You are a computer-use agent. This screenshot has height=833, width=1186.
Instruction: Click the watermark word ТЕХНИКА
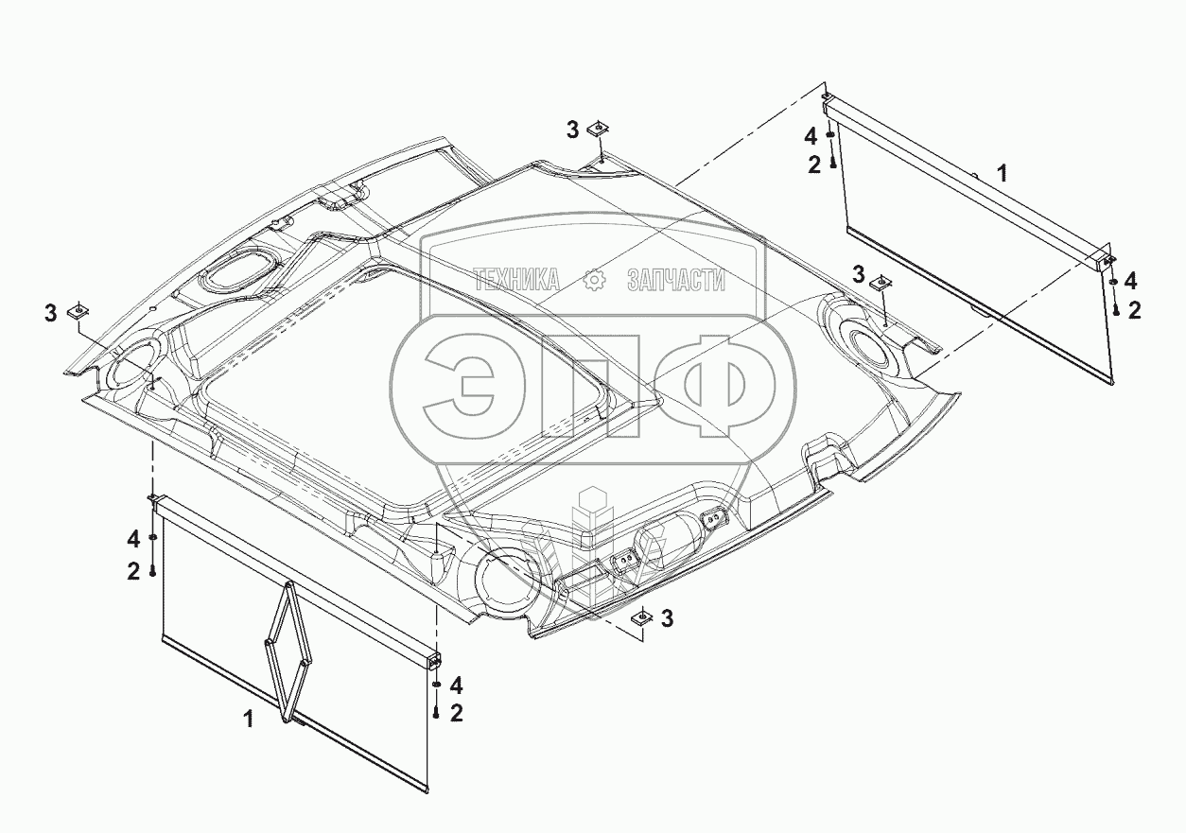516,280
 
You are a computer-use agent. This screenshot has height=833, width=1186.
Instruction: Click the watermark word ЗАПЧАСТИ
676,280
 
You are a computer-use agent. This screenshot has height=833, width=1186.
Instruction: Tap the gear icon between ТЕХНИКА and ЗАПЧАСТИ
594,280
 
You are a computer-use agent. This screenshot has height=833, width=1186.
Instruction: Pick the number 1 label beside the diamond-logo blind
248,720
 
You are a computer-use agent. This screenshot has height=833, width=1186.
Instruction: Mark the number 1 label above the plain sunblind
1002,174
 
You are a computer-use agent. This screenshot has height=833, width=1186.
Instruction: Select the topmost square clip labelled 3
599,128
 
